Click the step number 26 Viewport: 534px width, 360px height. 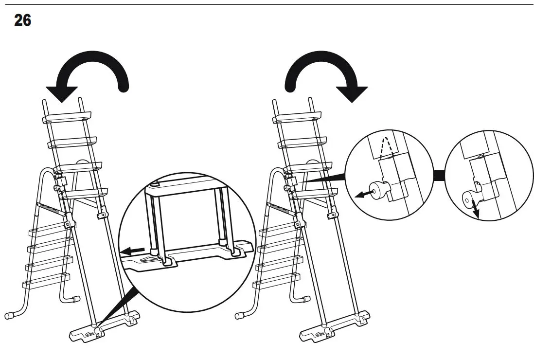click(22, 21)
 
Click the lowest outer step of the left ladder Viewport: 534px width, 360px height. click(46, 279)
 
